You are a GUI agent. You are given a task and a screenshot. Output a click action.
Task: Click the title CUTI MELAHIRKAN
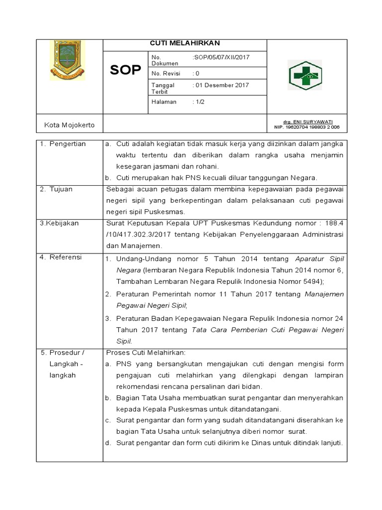pos(185,43)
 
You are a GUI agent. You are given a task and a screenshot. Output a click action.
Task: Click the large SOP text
pos(125,70)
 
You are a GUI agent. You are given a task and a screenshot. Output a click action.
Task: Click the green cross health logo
pos(305,76)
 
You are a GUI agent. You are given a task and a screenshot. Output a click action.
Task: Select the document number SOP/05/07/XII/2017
pos(221,57)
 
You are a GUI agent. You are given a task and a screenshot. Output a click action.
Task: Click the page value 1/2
pos(198,102)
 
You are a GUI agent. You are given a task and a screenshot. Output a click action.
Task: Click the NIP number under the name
pos(307,127)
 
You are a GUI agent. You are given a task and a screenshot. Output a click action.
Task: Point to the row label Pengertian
pos(67,144)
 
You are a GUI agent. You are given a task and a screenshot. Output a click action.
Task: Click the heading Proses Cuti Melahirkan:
pos(146,353)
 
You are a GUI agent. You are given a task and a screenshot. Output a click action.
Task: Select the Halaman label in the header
pos(164,102)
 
